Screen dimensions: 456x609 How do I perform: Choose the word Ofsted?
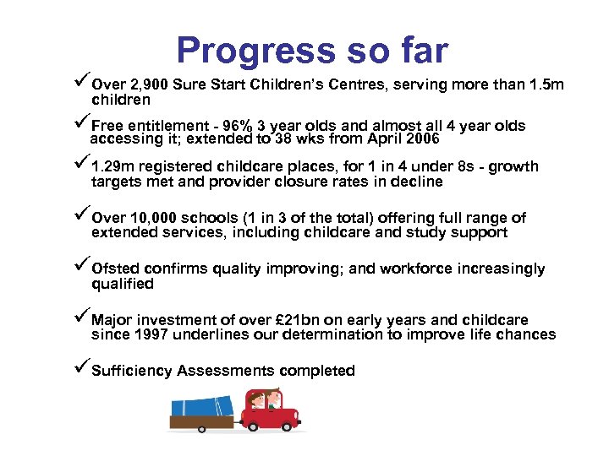point(116,269)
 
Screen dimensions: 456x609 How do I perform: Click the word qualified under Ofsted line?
point(123,285)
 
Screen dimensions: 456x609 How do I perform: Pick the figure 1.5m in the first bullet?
point(546,84)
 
